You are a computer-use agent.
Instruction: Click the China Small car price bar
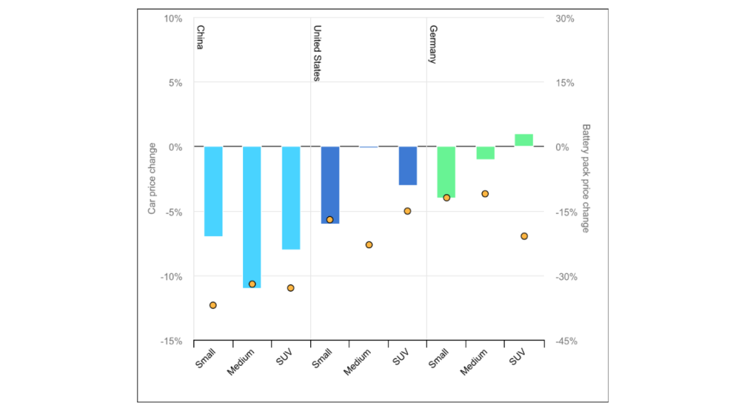(x=213, y=191)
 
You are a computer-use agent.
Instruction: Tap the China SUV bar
(x=291, y=198)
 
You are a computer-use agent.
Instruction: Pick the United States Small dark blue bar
(x=330, y=185)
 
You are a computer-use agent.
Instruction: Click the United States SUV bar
(x=407, y=166)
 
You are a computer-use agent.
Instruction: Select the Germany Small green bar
(x=446, y=172)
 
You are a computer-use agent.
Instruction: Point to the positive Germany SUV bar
(x=523, y=140)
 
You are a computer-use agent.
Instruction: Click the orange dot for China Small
(x=213, y=305)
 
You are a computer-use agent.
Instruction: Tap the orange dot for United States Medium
(x=369, y=245)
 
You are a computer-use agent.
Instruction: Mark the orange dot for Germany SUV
(x=524, y=236)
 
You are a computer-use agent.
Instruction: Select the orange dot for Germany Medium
(x=485, y=194)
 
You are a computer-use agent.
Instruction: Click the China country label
(x=200, y=37)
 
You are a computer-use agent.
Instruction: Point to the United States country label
(x=317, y=53)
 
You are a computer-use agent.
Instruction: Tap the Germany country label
(x=432, y=44)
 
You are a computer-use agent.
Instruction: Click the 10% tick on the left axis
(x=173, y=19)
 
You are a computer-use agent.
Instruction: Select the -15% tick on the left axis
(x=172, y=341)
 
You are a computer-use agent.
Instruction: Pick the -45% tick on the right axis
(x=565, y=341)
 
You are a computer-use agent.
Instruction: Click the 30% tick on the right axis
(x=565, y=19)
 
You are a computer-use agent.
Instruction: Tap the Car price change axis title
(x=152, y=178)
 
